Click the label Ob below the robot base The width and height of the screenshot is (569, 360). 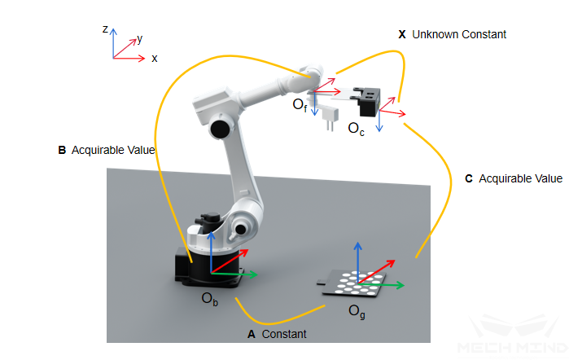(x=210, y=298)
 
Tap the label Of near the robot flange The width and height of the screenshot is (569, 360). (x=300, y=105)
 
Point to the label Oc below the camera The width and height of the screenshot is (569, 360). (x=356, y=129)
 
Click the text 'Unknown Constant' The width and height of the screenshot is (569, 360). (x=459, y=35)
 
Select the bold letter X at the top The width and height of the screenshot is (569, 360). (x=402, y=35)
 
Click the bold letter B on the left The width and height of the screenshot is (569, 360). (x=62, y=150)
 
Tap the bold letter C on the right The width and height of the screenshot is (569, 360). (x=469, y=178)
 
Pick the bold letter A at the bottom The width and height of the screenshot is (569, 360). (x=251, y=334)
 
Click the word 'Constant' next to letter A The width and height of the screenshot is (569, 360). (x=284, y=334)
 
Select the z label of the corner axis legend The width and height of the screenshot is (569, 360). (x=106, y=29)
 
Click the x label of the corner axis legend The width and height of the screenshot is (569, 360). (x=154, y=59)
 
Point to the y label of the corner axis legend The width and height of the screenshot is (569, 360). (x=140, y=38)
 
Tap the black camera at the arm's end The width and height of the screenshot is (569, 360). (x=370, y=102)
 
